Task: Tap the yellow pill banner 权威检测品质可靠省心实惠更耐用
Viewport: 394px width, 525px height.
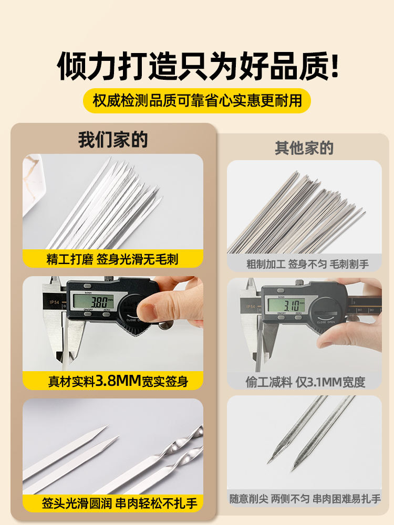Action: point(197,100)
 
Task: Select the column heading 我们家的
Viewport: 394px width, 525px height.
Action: point(113,140)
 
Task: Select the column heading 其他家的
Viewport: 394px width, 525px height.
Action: point(304,148)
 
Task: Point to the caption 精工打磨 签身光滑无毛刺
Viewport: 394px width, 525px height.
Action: point(112,259)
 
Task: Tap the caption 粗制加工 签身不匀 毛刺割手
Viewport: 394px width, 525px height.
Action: point(307,264)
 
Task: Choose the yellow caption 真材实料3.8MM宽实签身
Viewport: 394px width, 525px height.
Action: point(118,381)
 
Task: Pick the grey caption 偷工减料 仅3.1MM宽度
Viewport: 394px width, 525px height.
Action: point(305,382)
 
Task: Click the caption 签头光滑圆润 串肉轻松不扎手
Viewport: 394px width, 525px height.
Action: point(120,503)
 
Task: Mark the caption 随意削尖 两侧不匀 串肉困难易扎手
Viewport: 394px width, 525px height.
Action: point(305,499)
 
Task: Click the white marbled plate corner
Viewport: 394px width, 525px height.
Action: point(33,183)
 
